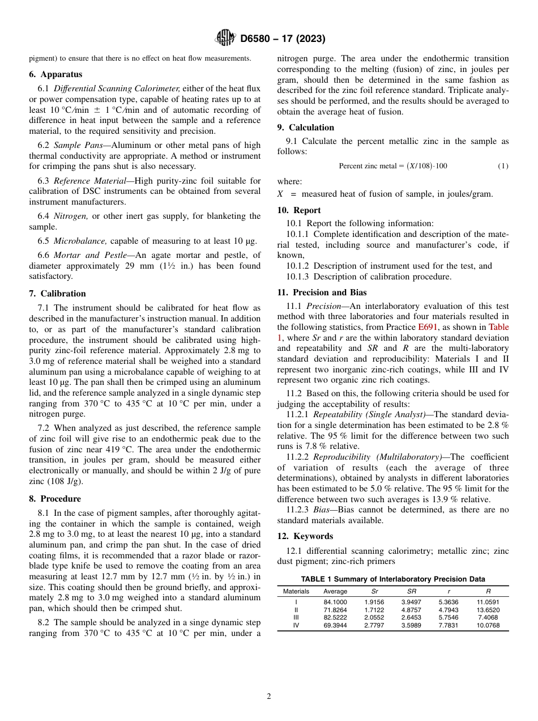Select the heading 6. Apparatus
[x=55, y=74]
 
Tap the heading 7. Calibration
[x=57, y=294]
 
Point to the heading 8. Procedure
[x=55, y=499]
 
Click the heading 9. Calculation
[x=306, y=128]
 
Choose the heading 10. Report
[x=299, y=210]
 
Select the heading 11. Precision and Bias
[x=322, y=292]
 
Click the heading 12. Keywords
[x=305, y=536]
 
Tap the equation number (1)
[x=503, y=166]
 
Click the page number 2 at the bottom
[x=269, y=697]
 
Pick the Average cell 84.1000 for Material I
[x=335, y=602]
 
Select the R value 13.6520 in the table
[x=488, y=610]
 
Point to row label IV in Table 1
[x=296, y=626]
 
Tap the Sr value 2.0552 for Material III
[x=374, y=618]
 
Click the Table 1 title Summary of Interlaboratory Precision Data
[x=392, y=579]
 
